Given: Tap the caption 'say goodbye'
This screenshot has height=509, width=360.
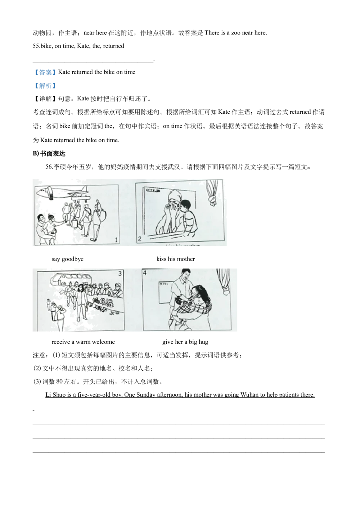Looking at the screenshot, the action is (68, 259).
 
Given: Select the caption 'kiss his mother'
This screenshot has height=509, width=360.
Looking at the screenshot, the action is (175, 259).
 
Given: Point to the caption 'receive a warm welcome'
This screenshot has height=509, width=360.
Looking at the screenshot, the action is (83, 342).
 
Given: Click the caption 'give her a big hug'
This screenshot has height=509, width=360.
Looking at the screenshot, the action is (185, 342).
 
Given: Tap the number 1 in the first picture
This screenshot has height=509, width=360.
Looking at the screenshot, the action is (116, 240).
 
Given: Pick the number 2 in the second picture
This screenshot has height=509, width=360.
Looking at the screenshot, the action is (140, 239).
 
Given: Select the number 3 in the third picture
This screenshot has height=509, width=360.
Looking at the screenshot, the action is (120, 273).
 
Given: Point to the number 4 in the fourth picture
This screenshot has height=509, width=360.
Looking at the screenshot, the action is (145, 272).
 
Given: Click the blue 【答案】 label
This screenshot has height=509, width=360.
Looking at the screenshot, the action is (45, 72).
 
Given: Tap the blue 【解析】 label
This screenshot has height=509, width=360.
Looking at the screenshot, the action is (45, 86).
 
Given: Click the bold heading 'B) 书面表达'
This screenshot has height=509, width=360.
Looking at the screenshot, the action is (49, 154).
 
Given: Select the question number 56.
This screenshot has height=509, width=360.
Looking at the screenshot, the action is (49, 167).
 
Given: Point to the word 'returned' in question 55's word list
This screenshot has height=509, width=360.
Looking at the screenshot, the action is (114, 46).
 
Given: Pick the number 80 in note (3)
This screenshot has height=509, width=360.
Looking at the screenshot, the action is (59, 381).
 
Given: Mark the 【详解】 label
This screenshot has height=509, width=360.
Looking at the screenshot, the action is (45, 99).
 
